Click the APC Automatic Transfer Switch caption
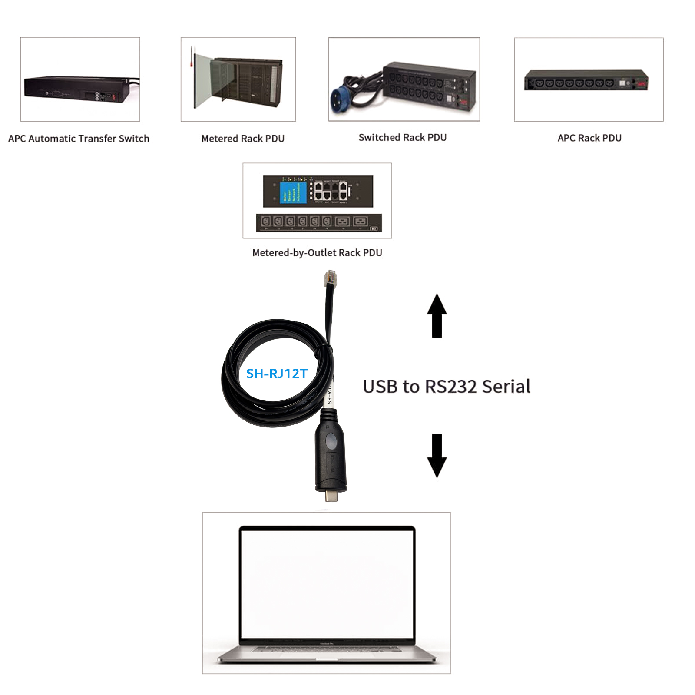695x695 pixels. (x=79, y=139)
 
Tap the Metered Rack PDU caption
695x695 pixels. (x=243, y=139)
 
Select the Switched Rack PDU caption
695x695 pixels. (x=402, y=138)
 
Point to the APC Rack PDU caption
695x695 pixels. (x=589, y=138)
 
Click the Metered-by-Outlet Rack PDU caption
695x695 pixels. (x=317, y=253)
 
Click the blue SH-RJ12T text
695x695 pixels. (x=277, y=374)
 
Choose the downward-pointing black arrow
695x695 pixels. (x=437, y=455)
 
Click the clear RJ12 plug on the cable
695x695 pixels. (x=330, y=278)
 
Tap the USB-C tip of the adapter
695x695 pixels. (x=331, y=495)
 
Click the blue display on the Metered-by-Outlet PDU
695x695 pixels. (x=293, y=192)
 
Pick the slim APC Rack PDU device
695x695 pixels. (x=586, y=80)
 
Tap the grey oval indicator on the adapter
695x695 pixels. (x=331, y=441)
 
